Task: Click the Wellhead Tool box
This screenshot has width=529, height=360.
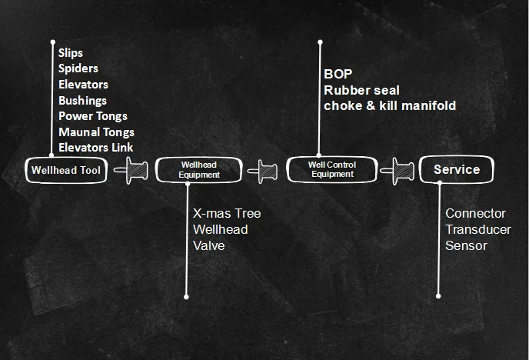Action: (x=66, y=170)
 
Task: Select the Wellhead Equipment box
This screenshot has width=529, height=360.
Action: (x=200, y=170)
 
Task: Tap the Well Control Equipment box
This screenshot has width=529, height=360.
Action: (x=331, y=169)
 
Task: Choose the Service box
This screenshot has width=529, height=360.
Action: (x=456, y=170)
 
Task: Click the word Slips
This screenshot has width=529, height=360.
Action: (x=71, y=53)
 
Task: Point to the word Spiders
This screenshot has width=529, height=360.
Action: (x=78, y=68)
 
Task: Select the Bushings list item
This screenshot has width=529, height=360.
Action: (x=82, y=100)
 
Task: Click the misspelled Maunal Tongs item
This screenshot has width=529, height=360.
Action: (x=96, y=132)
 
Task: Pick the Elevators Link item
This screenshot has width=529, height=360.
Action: (x=95, y=147)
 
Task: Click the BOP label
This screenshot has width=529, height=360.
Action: (x=338, y=75)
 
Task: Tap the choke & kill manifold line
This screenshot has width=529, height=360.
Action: (x=390, y=105)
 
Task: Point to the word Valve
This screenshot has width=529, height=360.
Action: (x=209, y=245)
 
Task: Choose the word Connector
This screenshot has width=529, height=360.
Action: (x=476, y=213)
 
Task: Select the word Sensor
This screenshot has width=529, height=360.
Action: (x=466, y=245)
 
